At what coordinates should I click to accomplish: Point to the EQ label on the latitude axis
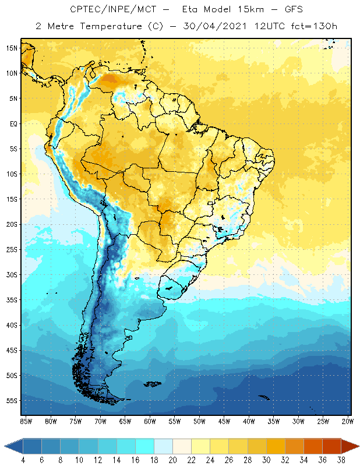point(13,123)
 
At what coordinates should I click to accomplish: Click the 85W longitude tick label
point(26,421)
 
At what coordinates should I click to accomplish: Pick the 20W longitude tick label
point(348,421)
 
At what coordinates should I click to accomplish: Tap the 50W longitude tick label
point(199,421)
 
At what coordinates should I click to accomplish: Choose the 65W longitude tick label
point(125,421)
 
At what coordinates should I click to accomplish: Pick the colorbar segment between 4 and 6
point(33,446)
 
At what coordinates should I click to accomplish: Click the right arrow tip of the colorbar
point(357,446)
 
